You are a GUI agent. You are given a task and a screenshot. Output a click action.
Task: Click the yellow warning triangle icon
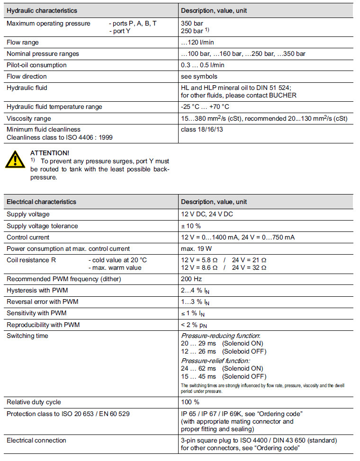point(15,160)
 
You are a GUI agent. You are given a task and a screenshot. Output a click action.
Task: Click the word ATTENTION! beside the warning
point(49,153)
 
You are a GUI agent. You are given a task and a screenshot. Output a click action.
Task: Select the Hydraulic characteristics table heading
point(42,10)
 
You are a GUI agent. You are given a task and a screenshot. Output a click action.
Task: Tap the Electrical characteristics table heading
point(41,202)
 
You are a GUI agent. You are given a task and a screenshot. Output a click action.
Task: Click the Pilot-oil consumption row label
point(36,65)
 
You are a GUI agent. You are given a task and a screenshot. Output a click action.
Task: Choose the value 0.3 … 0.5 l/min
point(203,65)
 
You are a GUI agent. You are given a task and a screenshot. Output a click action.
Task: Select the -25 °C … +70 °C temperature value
point(205,107)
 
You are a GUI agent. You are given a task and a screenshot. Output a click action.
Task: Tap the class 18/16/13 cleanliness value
point(202,129)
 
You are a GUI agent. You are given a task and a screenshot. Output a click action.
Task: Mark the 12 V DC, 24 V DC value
point(207,214)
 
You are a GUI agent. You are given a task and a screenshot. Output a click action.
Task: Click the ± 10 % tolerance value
point(191,226)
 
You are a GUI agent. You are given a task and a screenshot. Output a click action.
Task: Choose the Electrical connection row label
point(36,440)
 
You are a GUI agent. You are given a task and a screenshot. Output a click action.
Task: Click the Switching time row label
point(27,336)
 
